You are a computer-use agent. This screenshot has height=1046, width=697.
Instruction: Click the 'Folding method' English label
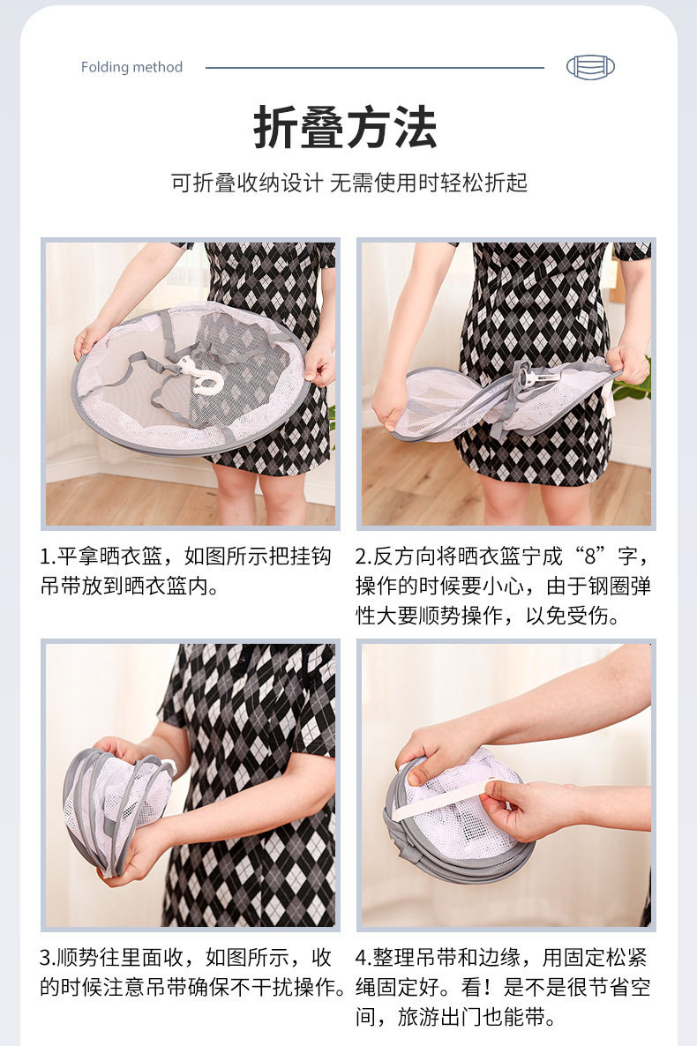pos(131,67)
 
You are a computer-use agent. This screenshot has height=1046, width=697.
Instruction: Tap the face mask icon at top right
pos(590,67)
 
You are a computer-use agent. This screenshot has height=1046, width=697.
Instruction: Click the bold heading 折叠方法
pos(345,127)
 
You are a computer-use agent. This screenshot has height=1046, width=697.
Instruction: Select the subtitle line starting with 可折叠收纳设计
pos(348,182)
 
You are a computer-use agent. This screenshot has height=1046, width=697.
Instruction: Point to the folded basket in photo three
pos(116,806)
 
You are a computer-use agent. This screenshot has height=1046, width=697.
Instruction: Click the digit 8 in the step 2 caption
pos(590,556)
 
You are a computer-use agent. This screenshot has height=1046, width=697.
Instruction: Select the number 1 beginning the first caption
pos(45,557)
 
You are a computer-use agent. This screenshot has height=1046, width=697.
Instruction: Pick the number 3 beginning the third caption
pos(45,958)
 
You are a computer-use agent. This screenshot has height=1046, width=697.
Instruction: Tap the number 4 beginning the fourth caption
pos(361,958)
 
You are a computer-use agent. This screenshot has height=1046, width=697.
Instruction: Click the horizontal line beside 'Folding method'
pos(375,67)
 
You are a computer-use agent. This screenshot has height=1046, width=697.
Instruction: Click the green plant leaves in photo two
pos(634,384)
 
